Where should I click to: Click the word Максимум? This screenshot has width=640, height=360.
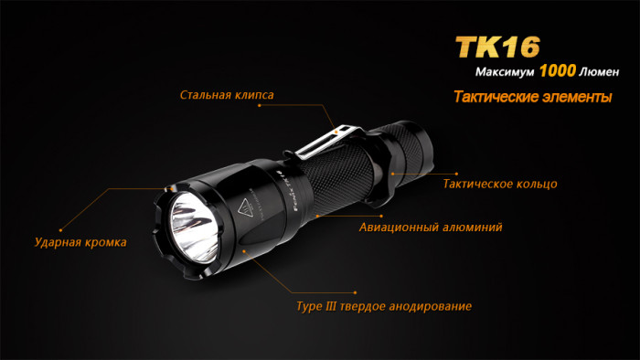[506, 72]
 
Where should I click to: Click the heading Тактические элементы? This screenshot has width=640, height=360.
[532, 98]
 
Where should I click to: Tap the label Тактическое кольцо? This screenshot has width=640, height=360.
[499, 184]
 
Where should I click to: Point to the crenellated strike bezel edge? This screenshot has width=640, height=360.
[165, 232]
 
